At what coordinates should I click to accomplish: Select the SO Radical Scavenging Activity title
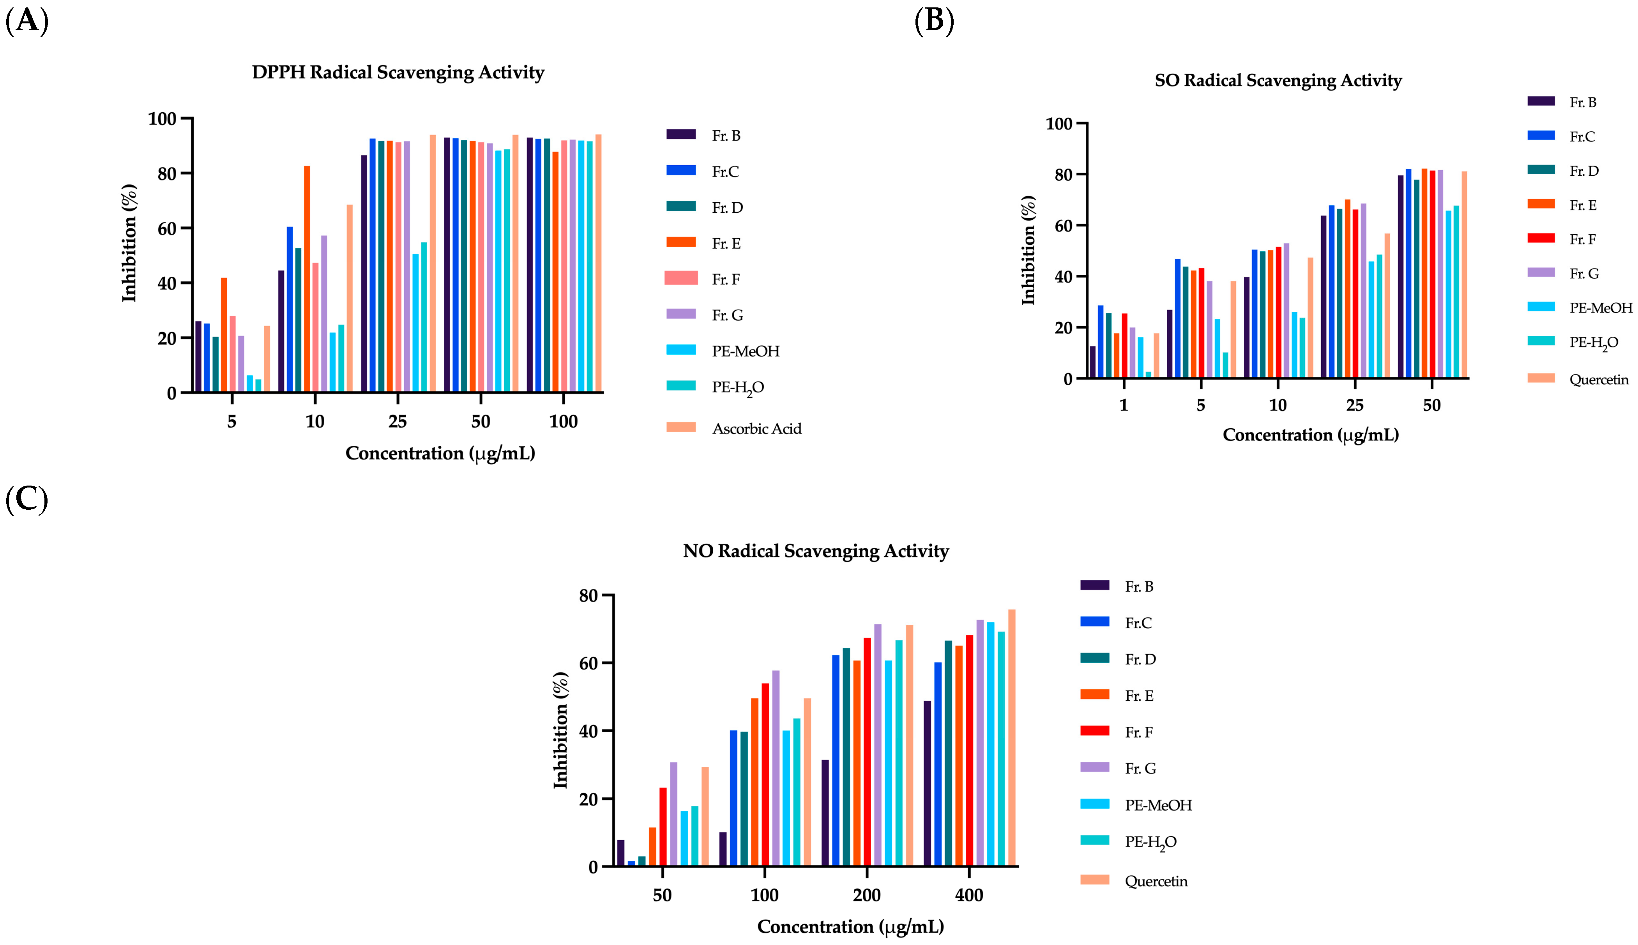(1278, 81)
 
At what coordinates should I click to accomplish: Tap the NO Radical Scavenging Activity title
(816, 551)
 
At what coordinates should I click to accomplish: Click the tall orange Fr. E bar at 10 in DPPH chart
(307, 279)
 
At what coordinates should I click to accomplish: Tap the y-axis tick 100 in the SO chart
(1058, 123)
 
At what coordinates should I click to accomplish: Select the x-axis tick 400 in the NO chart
(969, 896)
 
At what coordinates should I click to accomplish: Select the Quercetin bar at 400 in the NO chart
(1012, 737)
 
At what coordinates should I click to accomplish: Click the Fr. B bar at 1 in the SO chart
(1092, 362)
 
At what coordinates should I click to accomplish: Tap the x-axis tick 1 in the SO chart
(1123, 406)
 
